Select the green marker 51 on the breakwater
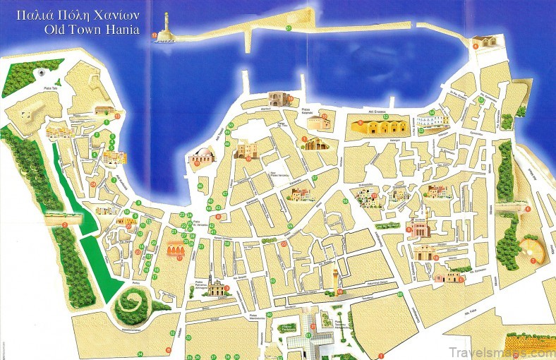[x=289, y=28]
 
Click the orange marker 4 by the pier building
[x=476, y=46]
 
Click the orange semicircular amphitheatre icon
[x=528, y=249]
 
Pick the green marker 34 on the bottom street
[x=140, y=354]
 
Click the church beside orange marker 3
[x=217, y=287]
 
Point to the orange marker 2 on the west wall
[x=65, y=224]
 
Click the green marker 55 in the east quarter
[x=481, y=100]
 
